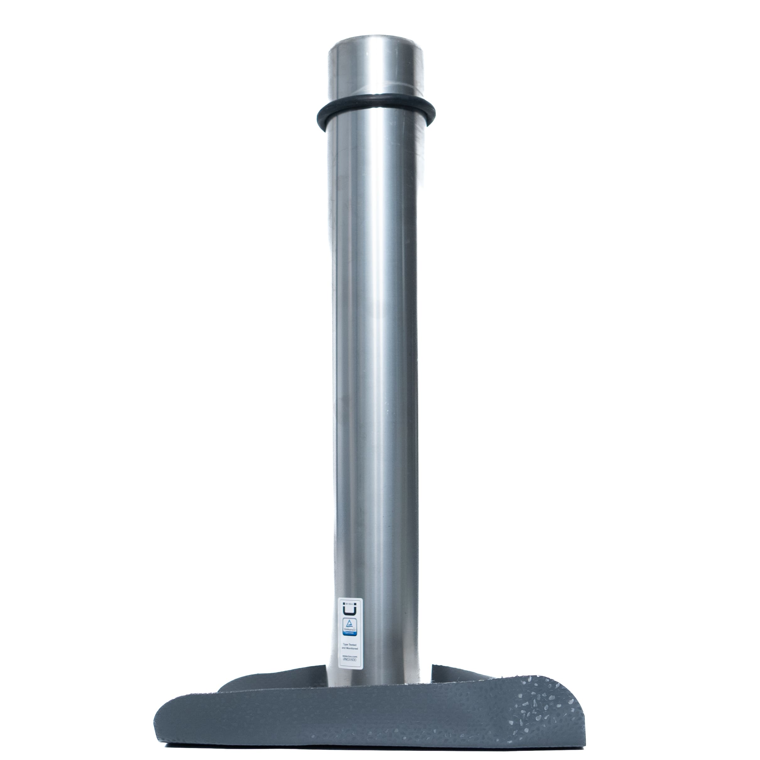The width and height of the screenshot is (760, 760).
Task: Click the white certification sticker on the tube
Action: pyautogui.click(x=349, y=622)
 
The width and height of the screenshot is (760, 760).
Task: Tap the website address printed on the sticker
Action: pyautogui.click(x=349, y=657)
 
